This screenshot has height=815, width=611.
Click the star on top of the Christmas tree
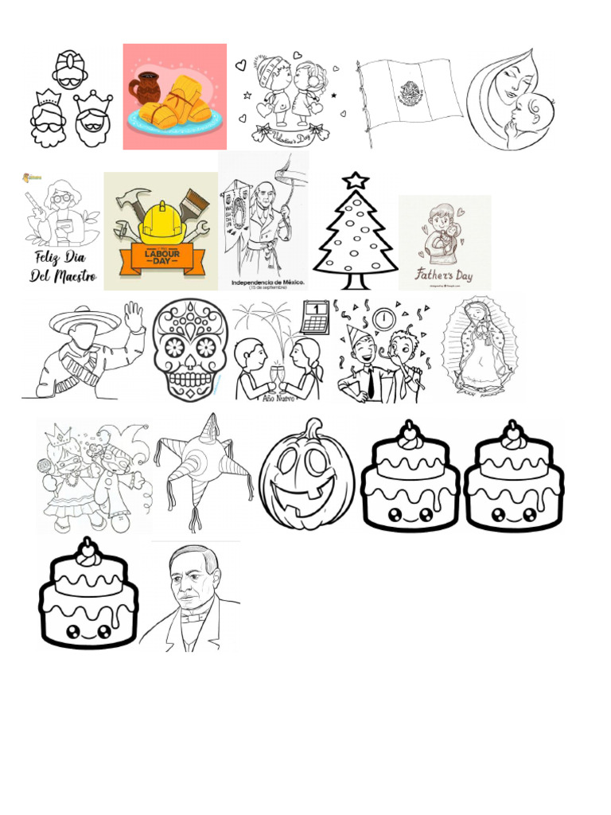(355, 181)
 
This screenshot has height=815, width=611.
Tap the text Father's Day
(444, 276)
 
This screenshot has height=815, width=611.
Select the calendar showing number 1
(315, 316)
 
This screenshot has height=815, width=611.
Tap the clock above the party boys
(383, 318)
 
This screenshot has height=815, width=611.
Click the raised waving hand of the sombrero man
(134, 316)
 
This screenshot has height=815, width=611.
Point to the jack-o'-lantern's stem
(313, 427)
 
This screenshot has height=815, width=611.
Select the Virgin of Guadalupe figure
(479, 347)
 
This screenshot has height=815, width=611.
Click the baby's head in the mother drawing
(531, 110)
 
